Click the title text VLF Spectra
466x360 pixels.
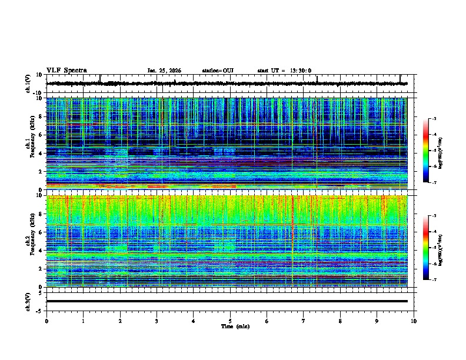pos(66,71)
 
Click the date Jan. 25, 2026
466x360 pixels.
pos(164,71)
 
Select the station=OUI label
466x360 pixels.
pos(218,71)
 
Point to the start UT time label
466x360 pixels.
pos(284,71)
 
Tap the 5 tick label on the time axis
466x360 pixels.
pos(230,321)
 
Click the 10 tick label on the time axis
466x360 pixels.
pos(414,321)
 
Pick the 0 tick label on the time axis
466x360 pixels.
pos(46,321)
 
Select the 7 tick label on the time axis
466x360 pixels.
pos(304,321)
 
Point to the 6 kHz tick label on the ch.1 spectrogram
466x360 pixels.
pos(40,135)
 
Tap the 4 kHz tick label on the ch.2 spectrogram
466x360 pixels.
pos(40,250)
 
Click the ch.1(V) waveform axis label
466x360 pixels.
pos(28,84)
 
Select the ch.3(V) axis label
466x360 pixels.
pos(28,301)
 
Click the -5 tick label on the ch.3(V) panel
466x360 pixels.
pos(39,310)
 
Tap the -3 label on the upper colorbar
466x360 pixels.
pos(434,119)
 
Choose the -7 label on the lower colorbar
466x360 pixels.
pos(434,280)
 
